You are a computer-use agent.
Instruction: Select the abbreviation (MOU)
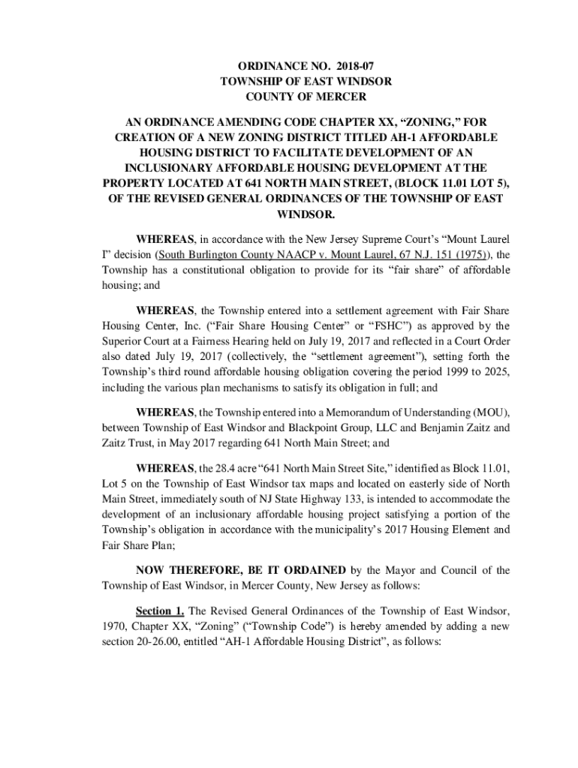[x=490, y=412]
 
